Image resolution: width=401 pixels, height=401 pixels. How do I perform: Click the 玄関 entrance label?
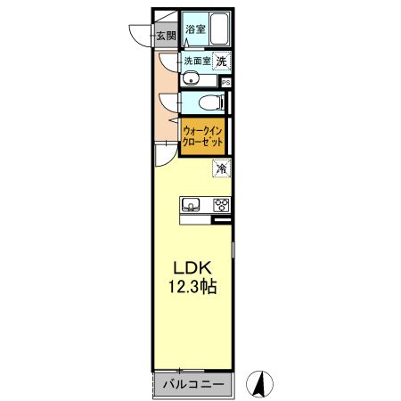(x=166, y=37)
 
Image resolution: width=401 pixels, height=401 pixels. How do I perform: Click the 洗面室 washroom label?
(x=197, y=61)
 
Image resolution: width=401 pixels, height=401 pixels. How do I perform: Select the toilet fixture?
(x=204, y=102)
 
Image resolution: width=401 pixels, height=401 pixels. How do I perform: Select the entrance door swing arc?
(x=140, y=32)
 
